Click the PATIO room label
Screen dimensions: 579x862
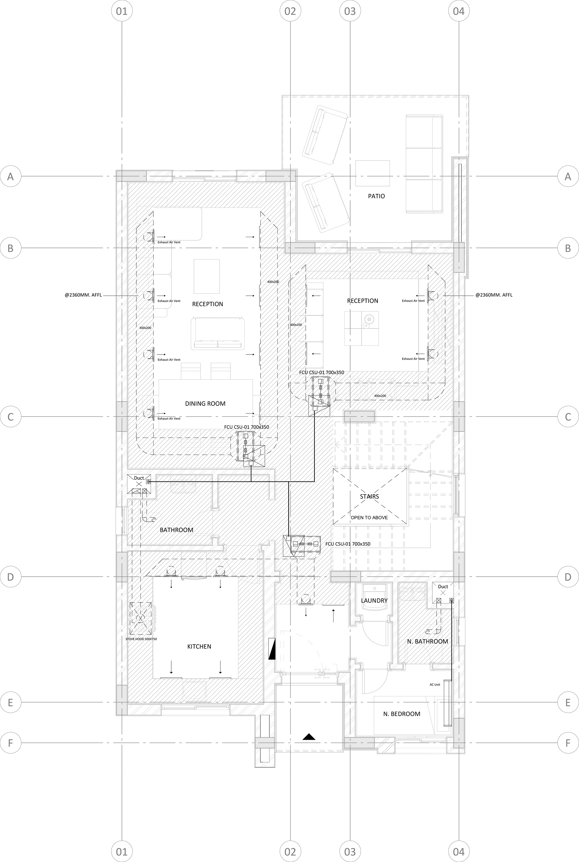coord(376,196)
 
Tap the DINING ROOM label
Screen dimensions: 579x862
coord(205,403)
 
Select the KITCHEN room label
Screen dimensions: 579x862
coord(199,646)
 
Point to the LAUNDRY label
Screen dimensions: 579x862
coord(374,600)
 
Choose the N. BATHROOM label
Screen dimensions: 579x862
coord(428,641)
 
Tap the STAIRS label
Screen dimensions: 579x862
coord(369,496)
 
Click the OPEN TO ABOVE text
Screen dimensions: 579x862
coord(369,517)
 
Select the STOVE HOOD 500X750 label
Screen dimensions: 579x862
coord(141,639)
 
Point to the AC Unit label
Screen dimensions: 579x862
coord(435,685)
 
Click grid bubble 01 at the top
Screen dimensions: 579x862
coord(122,11)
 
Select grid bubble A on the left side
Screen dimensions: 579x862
coord(11,176)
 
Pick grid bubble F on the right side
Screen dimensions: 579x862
coord(568,743)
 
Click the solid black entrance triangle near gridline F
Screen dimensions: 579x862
coord(309,737)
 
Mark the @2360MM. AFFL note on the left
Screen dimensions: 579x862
coord(83,295)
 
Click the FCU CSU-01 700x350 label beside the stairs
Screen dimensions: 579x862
coord(348,544)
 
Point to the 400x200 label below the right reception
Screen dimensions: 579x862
coord(380,396)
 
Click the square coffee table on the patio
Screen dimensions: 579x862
coord(373,173)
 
